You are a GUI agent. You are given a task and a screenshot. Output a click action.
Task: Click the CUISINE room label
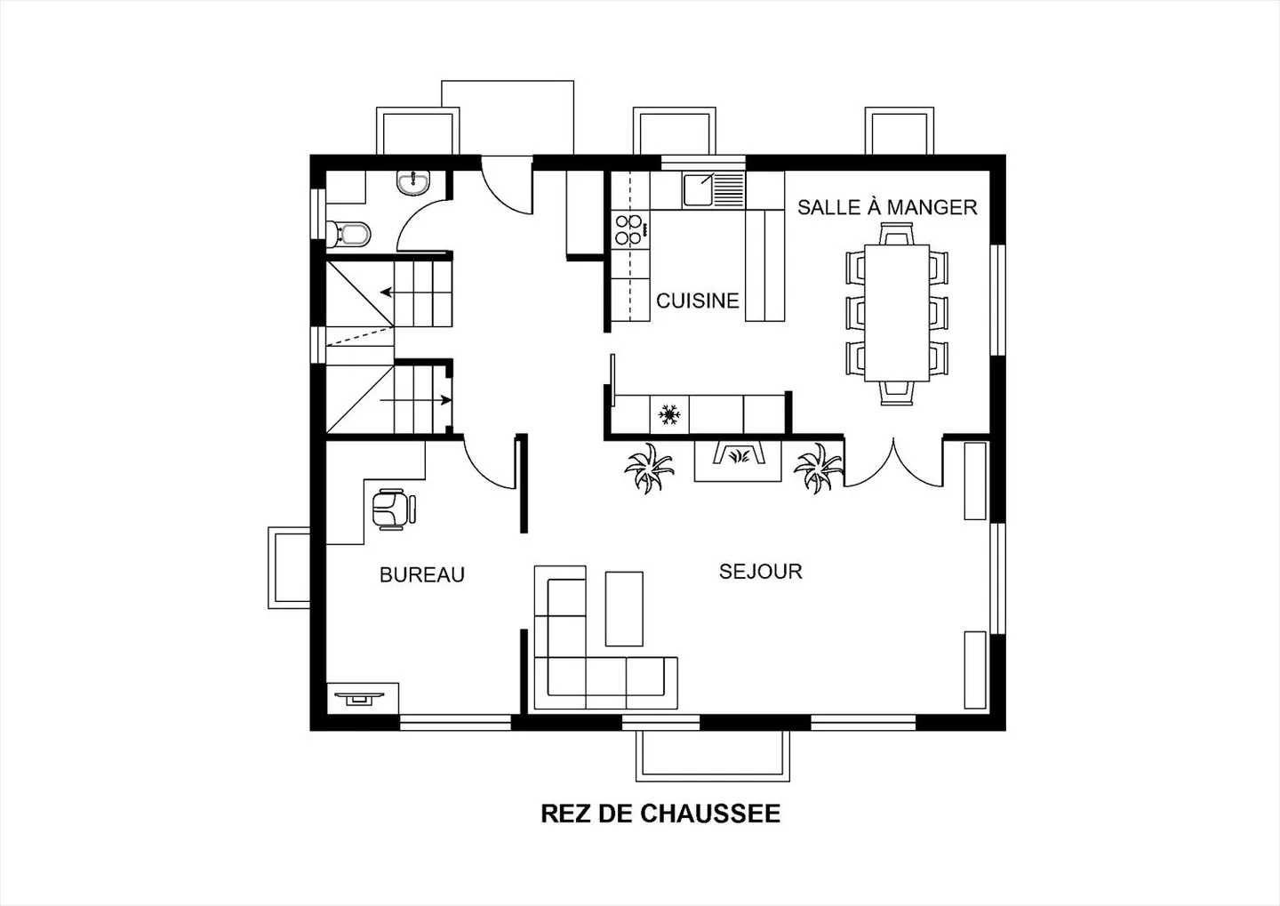[x=697, y=301]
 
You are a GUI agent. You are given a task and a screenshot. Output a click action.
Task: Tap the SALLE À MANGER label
[x=887, y=207]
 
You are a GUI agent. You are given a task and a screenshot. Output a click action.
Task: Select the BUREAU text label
[x=422, y=574]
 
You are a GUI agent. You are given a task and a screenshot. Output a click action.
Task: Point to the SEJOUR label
[x=761, y=572]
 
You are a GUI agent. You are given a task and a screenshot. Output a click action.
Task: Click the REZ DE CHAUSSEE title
[x=660, y=814]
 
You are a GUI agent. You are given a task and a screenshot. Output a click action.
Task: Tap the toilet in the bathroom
[x=348, y=234]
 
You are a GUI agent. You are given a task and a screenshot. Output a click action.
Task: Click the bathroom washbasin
[x=413, y=183]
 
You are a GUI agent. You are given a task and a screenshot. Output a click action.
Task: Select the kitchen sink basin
[x=698, y=190]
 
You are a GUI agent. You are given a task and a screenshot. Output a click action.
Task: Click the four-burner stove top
[x=630, y=229]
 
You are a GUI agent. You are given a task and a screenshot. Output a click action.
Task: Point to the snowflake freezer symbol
[x=669, y=414]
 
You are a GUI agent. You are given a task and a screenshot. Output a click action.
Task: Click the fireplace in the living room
[x=738, y=461]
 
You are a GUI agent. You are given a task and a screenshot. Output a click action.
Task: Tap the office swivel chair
[x=393, y=509]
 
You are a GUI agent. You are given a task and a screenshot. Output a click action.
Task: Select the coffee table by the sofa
[x=624, y=609]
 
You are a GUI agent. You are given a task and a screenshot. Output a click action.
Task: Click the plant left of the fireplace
[x=649, y=469]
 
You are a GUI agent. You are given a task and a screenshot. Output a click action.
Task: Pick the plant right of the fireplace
[x=819, y=468]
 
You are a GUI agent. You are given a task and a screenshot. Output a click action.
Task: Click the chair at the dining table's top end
[x=897, y=235]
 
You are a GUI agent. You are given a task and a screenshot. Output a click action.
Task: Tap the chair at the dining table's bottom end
[x=897, y=393]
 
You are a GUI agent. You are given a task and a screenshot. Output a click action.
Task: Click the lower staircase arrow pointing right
[x=416, y=400]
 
